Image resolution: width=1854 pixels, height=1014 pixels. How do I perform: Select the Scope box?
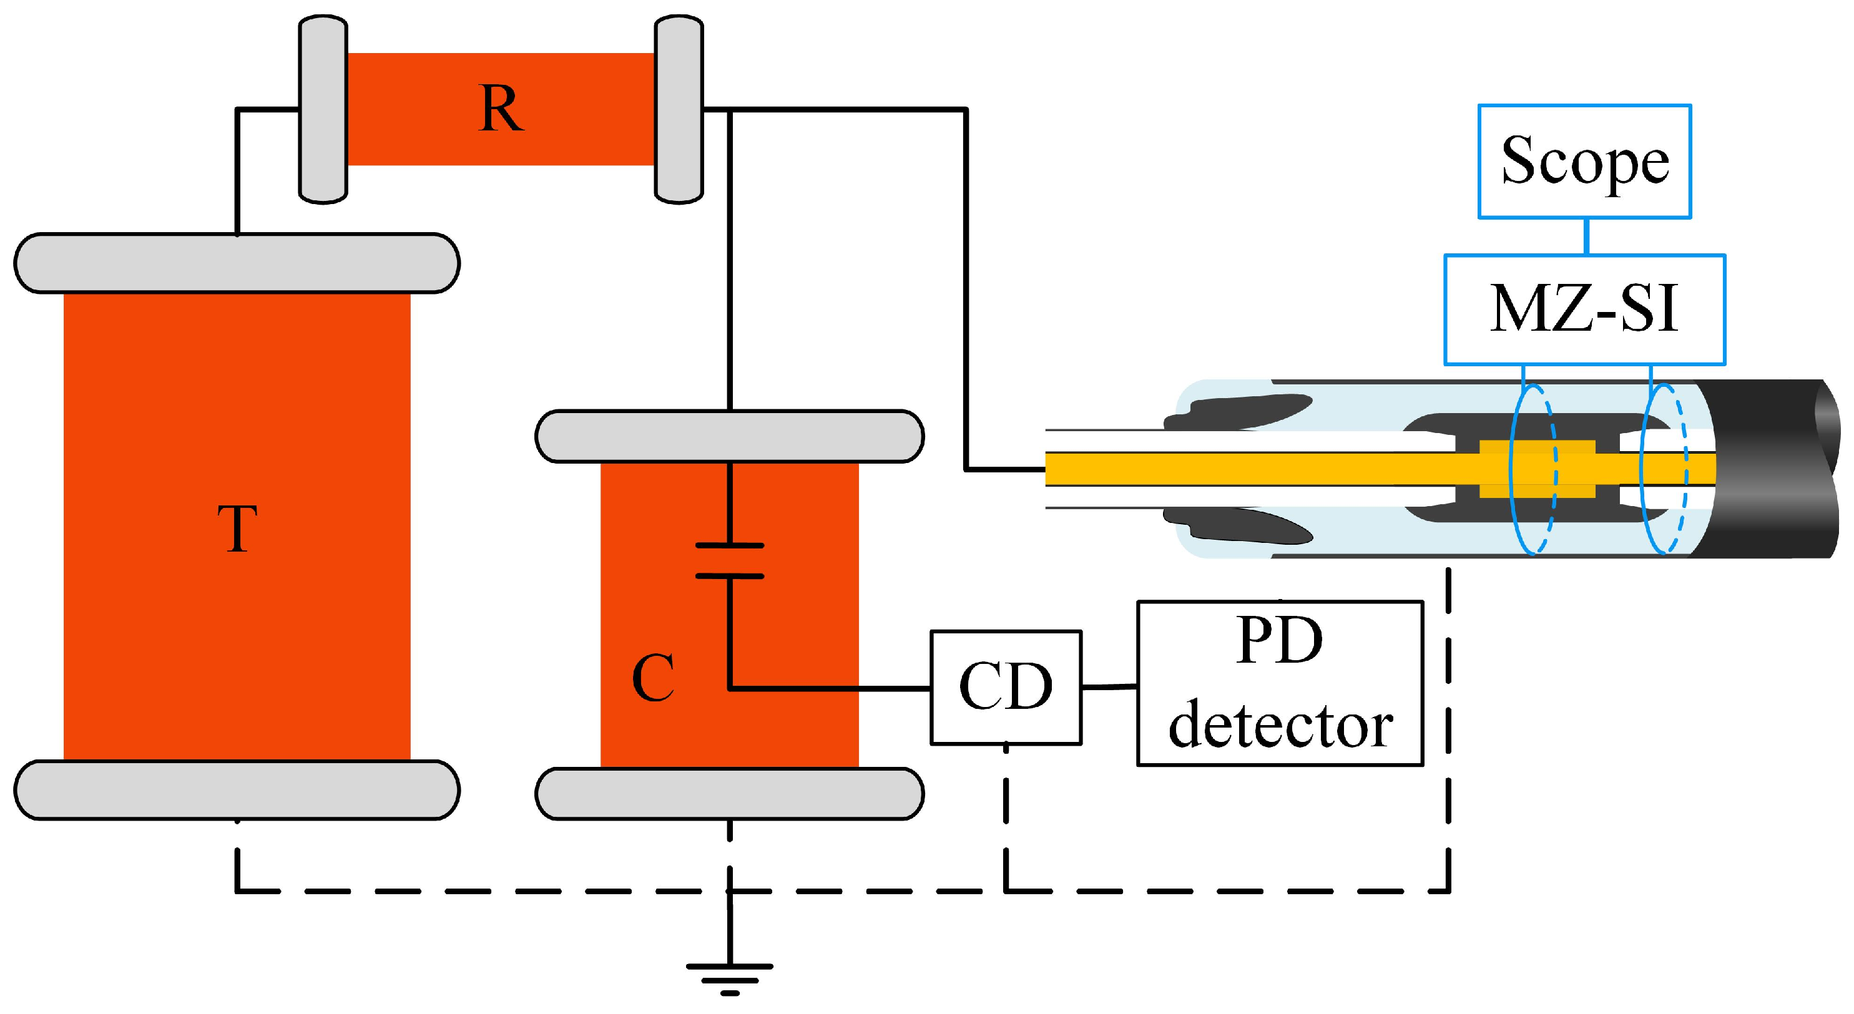pyautogui.click(x=1584, y=161)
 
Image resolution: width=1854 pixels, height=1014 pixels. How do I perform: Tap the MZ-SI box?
pyautogui.click(x=1584, y=310)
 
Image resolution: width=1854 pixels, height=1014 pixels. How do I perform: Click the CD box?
pyautogui.click(x=1006, y=687)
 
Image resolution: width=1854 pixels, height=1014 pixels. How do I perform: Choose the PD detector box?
pyautogui.click(x=1280, y=683)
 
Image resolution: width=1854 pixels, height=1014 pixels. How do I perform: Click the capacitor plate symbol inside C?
pyautogui.click(x=729, y=560)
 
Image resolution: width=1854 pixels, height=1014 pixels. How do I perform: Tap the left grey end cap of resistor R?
pyautogui.click(x=323, y=109)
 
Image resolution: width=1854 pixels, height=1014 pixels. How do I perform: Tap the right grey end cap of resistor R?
pyautogui.click(x=678, y=109)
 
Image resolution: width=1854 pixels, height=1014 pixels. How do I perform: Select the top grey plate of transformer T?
pyautogui.click(x=237, y=263)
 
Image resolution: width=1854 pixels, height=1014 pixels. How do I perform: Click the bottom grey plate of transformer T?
pyautogui.click(x=237, y=789)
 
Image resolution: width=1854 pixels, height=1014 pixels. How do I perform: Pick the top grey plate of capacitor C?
pyautogui.click(x=729, y=436)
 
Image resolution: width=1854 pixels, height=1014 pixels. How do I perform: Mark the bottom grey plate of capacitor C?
pyautogui.click(x=729, y=794)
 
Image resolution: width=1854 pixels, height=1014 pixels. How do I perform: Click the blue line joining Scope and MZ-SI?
pyautogui.click(x=1587, y=236)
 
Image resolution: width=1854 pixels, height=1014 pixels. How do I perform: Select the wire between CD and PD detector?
pyautogui.click(x=1109, y=687)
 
